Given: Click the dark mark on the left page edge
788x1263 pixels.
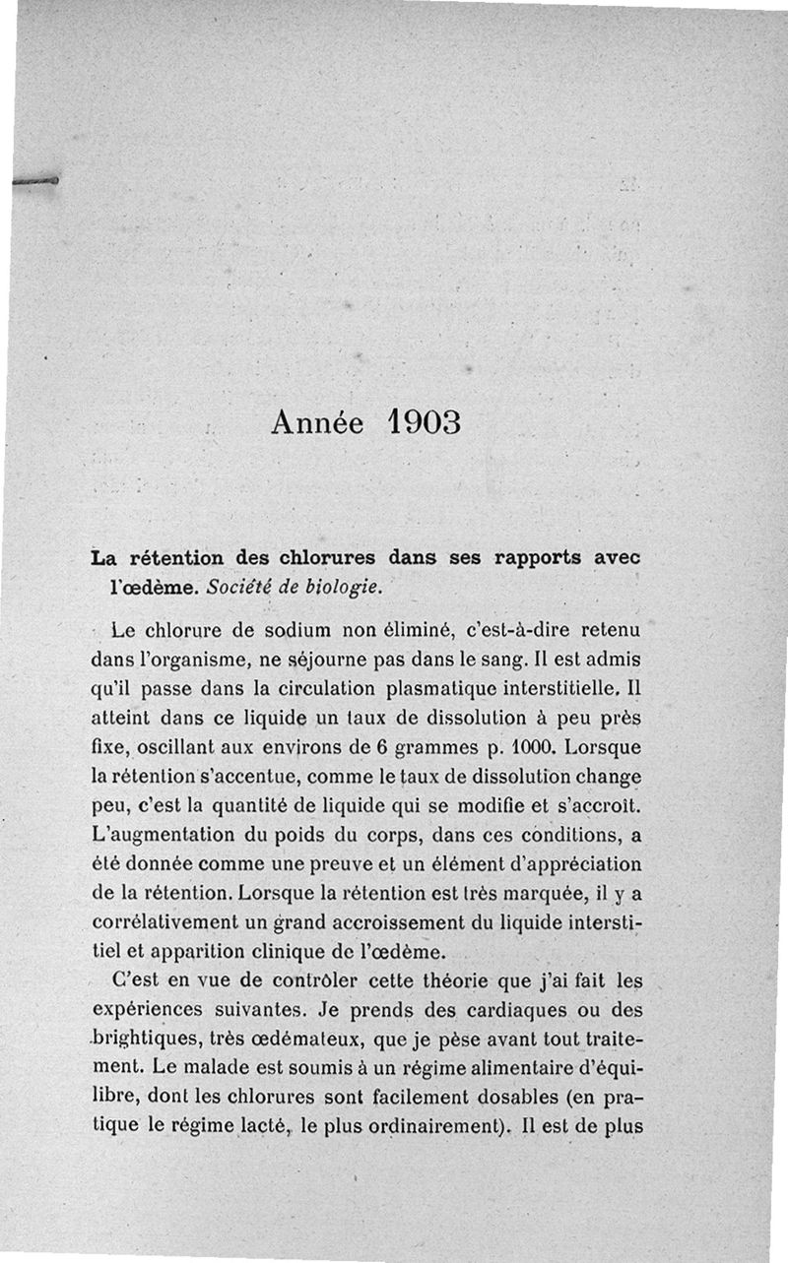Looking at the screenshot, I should (37, 181).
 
